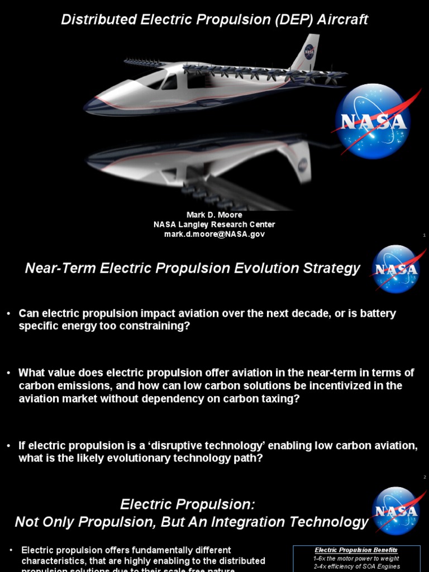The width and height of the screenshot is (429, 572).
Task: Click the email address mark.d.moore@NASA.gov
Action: pyautogui.click(x=214, y=235)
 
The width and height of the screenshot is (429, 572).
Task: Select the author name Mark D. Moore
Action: pyautogui.click(x=214, y=215)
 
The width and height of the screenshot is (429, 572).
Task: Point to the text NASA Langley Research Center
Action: pyautogui.click(x=214, y=225)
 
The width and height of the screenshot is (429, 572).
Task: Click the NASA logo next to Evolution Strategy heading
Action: pyautogui.click(x=395, y=269)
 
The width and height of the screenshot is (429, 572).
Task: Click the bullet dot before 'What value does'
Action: pyautogui.click(x=9, y=373)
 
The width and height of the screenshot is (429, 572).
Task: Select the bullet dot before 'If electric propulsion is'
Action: pyautogui.click(x=9, y=445)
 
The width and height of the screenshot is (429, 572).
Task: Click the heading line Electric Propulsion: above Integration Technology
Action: pyautogui.click(x=188, y=504)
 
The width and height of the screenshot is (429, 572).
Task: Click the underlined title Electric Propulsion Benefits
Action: pyautogui.click(x=356, y=550)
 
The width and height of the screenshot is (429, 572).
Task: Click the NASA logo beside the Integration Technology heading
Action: pyautogui.click(x=395, y=511)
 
